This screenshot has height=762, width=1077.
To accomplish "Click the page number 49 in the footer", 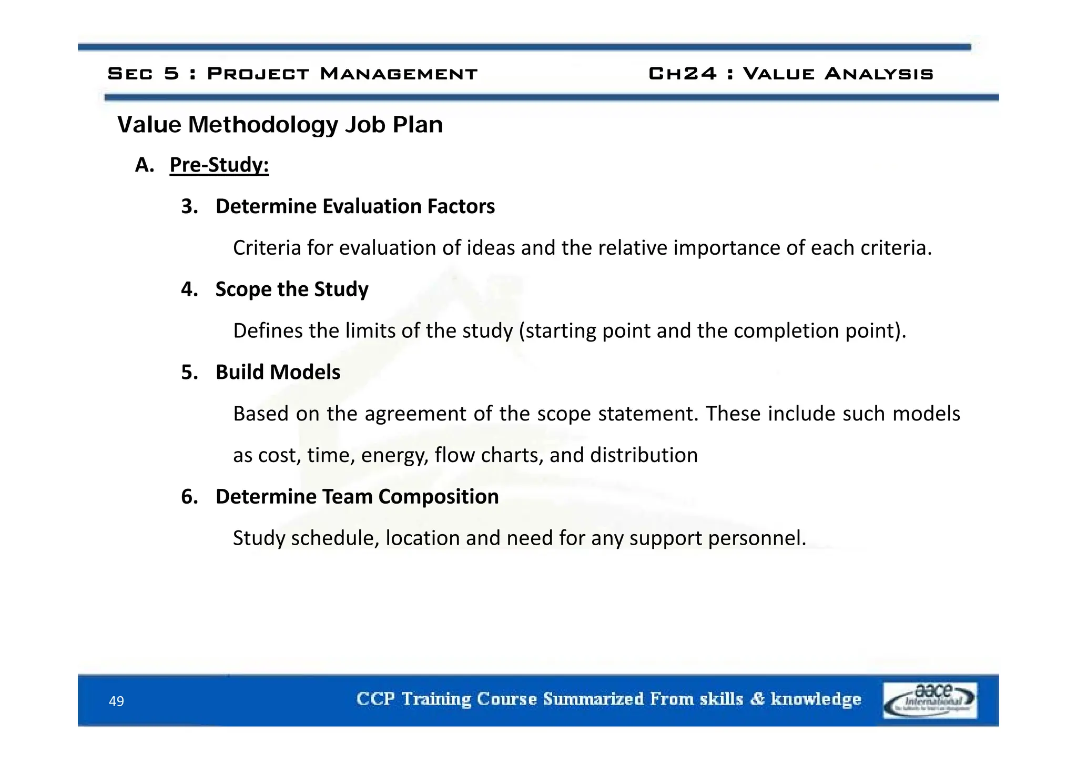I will pos(116,701).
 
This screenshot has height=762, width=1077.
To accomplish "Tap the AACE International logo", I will pos(930,700).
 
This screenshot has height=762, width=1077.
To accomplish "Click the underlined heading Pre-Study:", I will pos(219,165).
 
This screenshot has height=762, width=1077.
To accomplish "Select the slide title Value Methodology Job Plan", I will pos(280,125).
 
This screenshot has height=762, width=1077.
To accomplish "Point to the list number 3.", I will pos(189,206).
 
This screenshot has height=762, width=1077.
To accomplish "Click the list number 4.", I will pos(189,289).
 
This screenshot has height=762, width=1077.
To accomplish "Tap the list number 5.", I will pos(189,372).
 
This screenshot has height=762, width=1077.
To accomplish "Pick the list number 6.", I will pos(189,497).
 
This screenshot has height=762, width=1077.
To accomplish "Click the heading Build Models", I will pos(278,372).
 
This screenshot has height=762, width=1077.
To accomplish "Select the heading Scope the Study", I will pos(292,289).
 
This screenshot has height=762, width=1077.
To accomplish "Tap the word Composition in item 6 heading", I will pos(438,497).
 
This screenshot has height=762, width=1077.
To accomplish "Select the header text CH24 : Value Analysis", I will pos(790,73).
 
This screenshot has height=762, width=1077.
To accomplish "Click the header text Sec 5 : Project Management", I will pos(292,73).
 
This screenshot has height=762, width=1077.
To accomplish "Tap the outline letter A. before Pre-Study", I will pos(144,165).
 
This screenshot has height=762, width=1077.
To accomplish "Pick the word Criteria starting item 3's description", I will pos(267,248).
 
